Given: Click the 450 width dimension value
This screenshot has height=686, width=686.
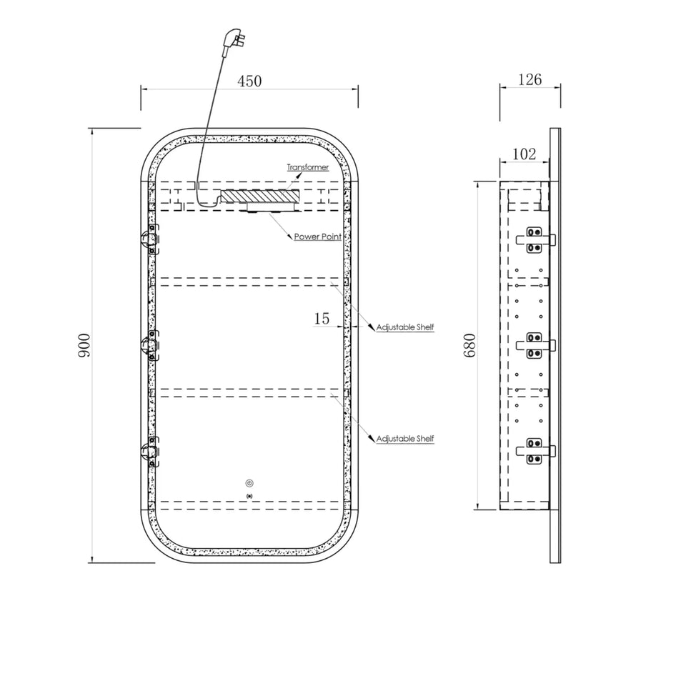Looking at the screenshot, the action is [x=249, y=81].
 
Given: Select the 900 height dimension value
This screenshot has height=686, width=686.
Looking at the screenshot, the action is [x=84, y=345].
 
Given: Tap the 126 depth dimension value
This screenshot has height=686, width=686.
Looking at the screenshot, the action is [x=530, y=79].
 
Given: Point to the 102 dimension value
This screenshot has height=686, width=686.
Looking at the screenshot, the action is [x=524, y=154].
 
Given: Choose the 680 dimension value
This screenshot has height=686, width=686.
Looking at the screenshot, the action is [x=469, y=345].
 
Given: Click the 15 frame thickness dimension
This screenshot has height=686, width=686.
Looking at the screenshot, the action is [x=322, y=319].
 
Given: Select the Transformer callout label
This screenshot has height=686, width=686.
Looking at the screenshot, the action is [x=307, y=167].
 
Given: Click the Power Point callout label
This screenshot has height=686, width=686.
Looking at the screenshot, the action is [x=317, y=237].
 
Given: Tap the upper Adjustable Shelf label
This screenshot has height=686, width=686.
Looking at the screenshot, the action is [x=405, y=327].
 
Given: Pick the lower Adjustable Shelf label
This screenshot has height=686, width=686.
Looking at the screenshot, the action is [x=405, y=438].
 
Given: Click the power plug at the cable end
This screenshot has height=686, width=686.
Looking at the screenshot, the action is [x=232, y=41].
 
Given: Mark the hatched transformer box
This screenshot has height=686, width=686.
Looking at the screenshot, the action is [x=260, y=197].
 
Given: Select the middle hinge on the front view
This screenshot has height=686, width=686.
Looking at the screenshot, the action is [x=150, y=345].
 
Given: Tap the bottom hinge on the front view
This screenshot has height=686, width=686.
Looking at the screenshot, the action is [x=150, y=451].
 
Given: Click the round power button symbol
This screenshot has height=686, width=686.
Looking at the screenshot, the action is [x=249, y=484].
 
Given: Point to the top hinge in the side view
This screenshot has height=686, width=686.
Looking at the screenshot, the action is [x=535, y=240].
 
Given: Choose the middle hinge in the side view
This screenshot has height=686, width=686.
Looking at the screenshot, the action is [x=535, y=346].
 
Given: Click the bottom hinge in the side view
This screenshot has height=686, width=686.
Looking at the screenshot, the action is [x=535, y=451].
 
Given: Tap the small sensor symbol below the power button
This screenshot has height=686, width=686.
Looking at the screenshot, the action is [x=250, y=496].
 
